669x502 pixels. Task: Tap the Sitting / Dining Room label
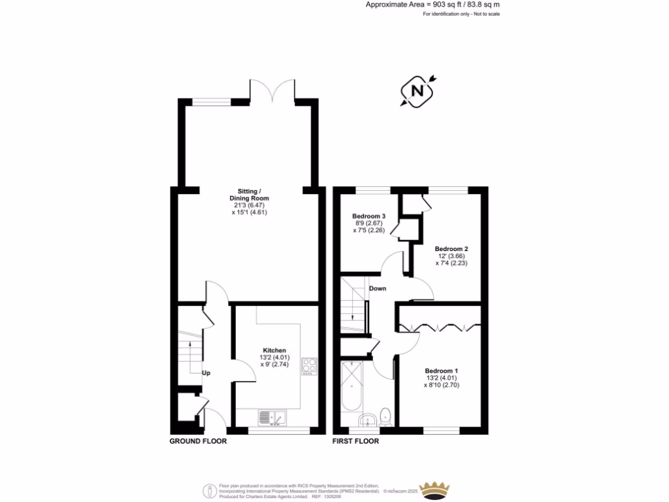point(249,194)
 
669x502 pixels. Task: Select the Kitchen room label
point(274,350)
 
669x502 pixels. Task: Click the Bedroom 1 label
point(441,371)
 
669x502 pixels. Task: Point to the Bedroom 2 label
point(451,249)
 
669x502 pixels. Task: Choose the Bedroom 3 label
point(368,216)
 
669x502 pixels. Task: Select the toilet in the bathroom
point(386,416)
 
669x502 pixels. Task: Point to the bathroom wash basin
point(367,419)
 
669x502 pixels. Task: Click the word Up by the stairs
point(206,373)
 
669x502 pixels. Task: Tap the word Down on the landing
point(377,288)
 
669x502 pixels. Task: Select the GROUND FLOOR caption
point(198,441)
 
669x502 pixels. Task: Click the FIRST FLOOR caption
point(355,441)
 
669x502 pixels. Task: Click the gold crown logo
point(436,490)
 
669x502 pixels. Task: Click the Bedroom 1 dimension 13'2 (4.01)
point(441,378)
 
